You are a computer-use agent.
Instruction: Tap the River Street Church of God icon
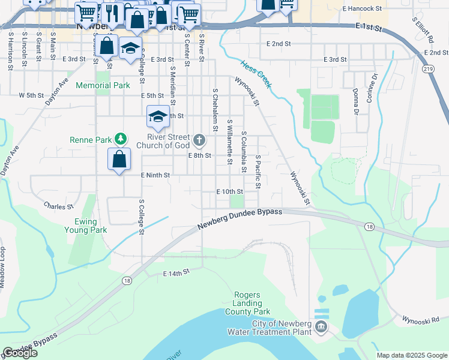pyautogui.click(x=200, y=141)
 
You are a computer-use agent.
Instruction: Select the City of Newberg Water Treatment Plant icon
pyautogui.click(x=321, y=326)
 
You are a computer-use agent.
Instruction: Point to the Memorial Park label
pyautogui.click(x=103, y=86)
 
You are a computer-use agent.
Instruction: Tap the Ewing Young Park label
pyautogui.click(x=86, y=226)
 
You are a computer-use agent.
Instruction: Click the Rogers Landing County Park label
pyautogui.click(x=247, y=304)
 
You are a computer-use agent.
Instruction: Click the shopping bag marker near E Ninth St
pyautogui.click(x=119, y=160)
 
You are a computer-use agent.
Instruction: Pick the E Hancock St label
pyautogui.click(x=362, y=9)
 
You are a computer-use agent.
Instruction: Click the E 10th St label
pyautogui.click(x=229, y=191)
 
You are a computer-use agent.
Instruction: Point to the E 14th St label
pyautogui.click(x=176, y=272)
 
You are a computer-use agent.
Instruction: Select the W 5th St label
pyautogui.click(x=32, y=95)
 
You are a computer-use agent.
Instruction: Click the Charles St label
pyautogui.click(x=59, y=206)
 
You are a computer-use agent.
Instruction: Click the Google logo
pyautogui.click(x=20, y=353)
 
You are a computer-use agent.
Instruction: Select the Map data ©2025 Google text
pyautogui.click(x=411, y=355)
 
